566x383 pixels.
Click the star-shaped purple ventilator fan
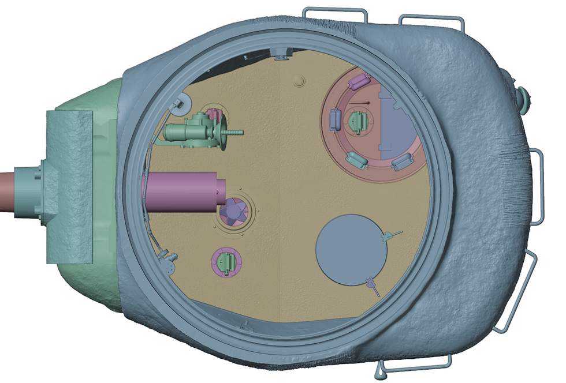[234, 212]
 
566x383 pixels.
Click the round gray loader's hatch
[350, 249]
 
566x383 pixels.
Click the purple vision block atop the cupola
[359, 81]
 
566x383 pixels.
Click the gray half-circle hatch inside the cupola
[399, 130]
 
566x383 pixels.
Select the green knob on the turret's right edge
[523, 96]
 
